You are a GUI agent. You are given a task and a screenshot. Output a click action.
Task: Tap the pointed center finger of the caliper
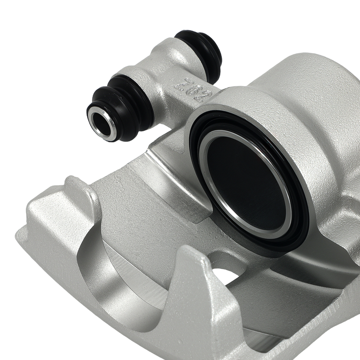(194, 281)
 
